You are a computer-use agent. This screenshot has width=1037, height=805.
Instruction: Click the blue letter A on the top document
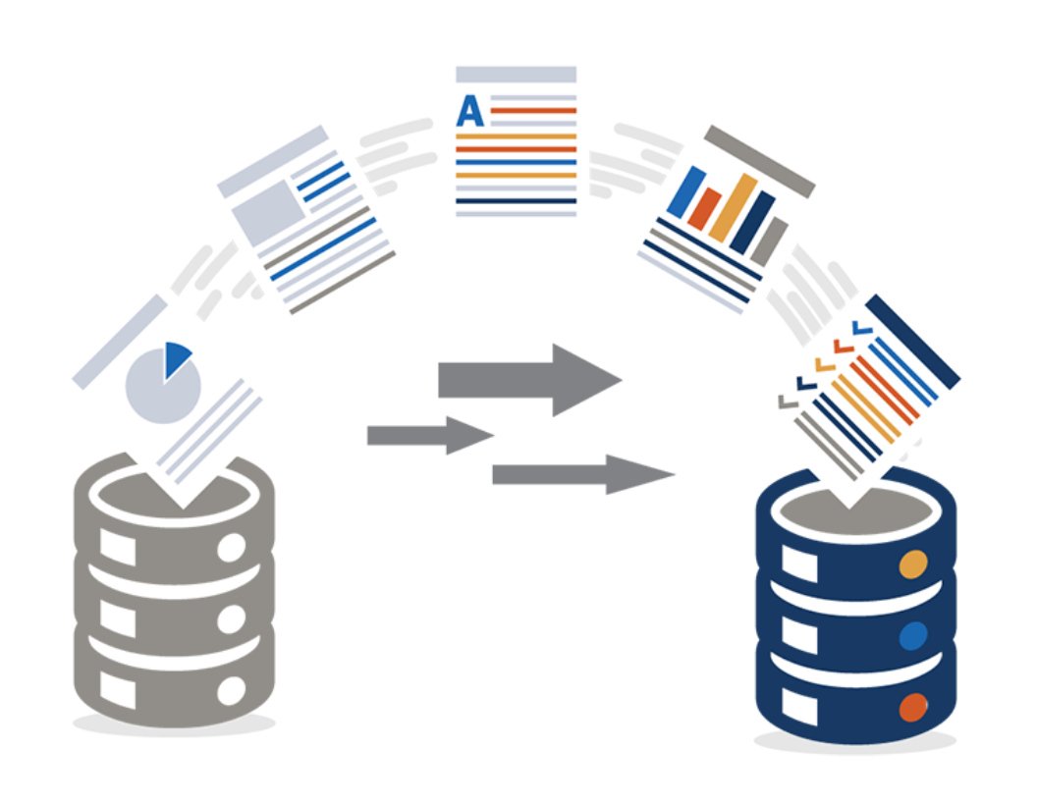[x=469, y=111]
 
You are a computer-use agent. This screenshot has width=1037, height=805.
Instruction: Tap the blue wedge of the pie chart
[x=176, y=357]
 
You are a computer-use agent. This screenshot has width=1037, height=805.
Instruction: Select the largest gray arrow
[x=529, y=380]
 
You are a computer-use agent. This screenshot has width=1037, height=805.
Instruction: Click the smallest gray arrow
[x=430, y=436]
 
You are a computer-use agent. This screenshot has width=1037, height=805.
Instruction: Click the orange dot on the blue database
[x=913, y=564]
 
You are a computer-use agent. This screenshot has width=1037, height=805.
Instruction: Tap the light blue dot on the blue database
[x=913, y=636]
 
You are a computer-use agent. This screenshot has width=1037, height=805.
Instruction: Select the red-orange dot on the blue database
[x=913, y=707]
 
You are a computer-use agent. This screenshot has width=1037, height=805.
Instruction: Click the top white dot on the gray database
[x=232, y=548]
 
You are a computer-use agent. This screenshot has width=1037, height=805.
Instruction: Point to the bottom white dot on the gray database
[x=232, y=691]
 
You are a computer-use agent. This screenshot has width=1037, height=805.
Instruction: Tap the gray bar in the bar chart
[x=769, y=241]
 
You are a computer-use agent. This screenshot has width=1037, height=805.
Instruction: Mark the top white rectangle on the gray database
[x=118, y=548]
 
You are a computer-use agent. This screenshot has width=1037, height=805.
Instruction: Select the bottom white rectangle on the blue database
[x=799, y=707]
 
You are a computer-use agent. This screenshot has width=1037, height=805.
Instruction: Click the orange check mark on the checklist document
[x=825, y=363]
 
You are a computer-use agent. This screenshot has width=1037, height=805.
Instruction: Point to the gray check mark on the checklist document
[x=788, y=402]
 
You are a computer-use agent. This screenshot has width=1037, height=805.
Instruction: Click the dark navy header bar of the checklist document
[x=912, y=341]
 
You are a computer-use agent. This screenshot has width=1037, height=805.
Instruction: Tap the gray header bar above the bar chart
[x=759, y=161]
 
